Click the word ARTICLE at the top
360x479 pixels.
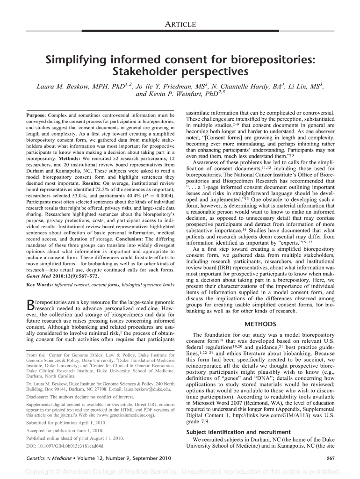[180, 24]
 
